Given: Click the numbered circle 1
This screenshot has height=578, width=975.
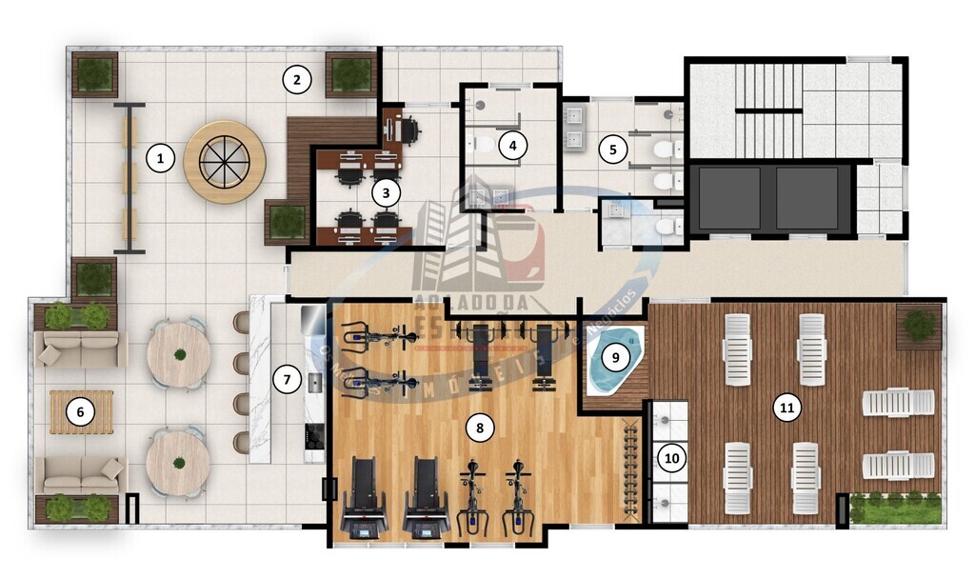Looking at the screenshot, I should (x=161, y=158).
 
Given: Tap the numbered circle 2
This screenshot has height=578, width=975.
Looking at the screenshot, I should (x=297, y=80).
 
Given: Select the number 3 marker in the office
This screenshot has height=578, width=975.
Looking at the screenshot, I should (x=386, y=192).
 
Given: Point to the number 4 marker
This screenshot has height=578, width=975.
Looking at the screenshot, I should (x=513, y=146).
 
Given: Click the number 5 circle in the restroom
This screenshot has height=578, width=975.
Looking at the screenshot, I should (x=613, y=149).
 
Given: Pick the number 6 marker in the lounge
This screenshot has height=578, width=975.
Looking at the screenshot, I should (x=81, y=412).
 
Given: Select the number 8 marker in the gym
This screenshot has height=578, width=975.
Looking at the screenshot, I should (x=480, y=429).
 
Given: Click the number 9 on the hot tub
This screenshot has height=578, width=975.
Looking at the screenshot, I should (x=616, y=357).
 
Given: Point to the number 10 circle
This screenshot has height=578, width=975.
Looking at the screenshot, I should (x=672, y=458).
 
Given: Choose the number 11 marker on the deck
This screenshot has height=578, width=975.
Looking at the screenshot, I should (x=786, y=409).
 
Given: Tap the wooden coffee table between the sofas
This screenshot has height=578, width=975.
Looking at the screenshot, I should (x=81, y=412).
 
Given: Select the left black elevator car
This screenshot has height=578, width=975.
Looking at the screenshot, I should (x=730, y=198).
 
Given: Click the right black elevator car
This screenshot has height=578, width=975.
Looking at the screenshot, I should (x=806, y=198).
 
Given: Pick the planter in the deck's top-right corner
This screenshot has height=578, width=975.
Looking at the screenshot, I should (x=919, y=326).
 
